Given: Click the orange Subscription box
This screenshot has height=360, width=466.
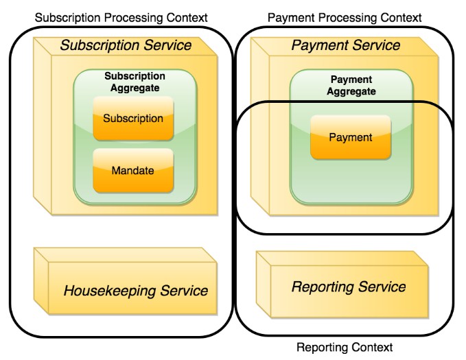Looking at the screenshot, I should tap(133, 119).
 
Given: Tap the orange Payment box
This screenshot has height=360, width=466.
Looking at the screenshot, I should tap(350, 137).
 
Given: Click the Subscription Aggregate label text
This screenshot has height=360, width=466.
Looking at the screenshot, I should tap(135, 82).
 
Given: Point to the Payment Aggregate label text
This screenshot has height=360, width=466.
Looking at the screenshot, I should tap(351, 85).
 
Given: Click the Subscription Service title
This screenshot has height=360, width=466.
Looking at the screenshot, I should tap(126, 46).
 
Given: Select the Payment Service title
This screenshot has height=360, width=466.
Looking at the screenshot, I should tap(345, 46).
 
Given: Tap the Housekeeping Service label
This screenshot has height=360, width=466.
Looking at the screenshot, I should tap(135, 291).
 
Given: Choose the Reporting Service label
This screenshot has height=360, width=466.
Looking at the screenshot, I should tap(349, 287).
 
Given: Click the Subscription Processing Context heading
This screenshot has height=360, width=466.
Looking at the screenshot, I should tap(121, 16).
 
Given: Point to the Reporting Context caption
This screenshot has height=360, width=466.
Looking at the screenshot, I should tap(345, 348).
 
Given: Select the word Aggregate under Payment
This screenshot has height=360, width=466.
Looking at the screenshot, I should tap(351, 91).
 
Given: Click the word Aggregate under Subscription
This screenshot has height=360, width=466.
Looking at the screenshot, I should tap(135, 87).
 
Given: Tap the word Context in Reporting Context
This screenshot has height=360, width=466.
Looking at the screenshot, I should tap(371, 348).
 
